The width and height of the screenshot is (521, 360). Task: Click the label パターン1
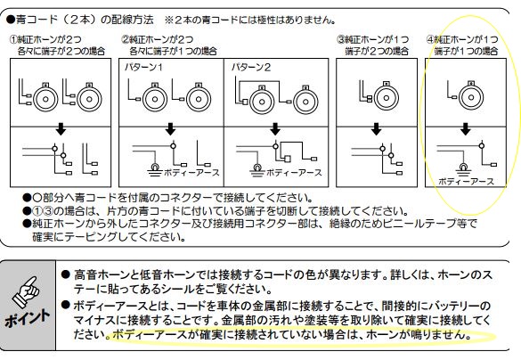tap(143, 68)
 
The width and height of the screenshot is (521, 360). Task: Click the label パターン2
tap(251, 68)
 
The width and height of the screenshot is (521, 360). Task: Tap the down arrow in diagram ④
tap(466, 129)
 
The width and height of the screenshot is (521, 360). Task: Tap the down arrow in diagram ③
tap(376, 129)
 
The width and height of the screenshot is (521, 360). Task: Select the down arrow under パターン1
tap(170, 129)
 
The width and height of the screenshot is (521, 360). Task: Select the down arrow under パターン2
tap(275, 129)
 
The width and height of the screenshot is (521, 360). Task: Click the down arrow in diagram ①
tap(61, 129)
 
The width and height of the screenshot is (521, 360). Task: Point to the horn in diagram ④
tap(471, 96)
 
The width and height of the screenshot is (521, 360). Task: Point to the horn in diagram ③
tap(387, 96)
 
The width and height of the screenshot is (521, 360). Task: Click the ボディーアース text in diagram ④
tap(466, 182)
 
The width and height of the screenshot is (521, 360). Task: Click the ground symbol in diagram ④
tap(463, 170)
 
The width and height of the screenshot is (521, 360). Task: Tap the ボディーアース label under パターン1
tap(191, 173)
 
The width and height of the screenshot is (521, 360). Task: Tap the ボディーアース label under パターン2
tap(294, 173)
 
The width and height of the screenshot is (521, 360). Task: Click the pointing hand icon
tap(26, 292)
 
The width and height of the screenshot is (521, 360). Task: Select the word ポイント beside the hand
tap(28, 319)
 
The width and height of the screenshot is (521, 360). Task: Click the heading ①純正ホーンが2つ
tap(45, 39)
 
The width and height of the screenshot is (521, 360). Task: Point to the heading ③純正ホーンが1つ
tap(373, 39)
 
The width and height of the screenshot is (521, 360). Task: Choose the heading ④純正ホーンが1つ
tap(462, 39)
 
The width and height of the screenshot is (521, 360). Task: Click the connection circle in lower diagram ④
tap(482, 145)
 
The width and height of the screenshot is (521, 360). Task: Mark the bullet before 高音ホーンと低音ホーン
tap(65, 274)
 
